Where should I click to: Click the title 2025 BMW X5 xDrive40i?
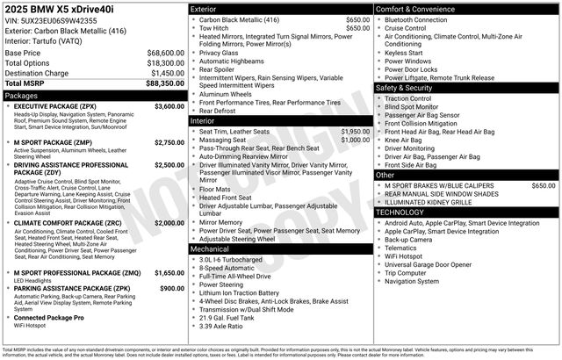point(61,9)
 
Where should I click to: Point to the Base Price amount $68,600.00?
point(165,53)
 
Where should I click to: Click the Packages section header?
point(21,94)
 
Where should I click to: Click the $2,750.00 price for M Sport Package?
point(169,142)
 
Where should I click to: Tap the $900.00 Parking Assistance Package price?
point(172,287)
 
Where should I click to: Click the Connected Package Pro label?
point(49,317)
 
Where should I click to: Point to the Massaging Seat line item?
point(223,140)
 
